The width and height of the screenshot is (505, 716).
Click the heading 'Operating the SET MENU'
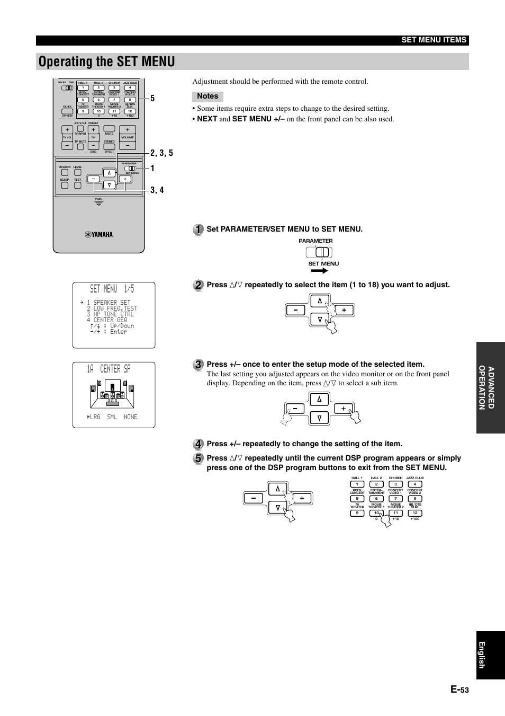pos(107,61)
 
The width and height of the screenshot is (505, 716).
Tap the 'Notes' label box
pos(208,96)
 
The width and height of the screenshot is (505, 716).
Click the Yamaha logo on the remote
pos(99,235)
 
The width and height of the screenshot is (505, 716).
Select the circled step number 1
pos(197,229)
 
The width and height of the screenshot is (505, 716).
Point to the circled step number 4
pos(197,444)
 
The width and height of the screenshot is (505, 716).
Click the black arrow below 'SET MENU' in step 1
pos(320,270)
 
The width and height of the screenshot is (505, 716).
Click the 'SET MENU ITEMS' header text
pos(434,40)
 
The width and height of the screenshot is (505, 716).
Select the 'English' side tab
pos(490,655)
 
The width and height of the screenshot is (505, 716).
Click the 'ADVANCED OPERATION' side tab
pos(490,387)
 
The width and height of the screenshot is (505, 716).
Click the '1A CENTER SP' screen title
pos(109,369)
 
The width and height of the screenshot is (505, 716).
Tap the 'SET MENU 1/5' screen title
pos(112,289)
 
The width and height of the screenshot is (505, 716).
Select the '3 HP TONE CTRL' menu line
pos(110,314)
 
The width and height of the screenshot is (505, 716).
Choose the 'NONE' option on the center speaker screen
pos(130,417)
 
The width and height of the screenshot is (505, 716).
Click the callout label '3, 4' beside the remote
pos(157,190)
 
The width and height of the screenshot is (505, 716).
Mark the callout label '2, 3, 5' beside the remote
pos(161,153)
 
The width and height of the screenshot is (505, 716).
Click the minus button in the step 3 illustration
pos(295,409)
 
